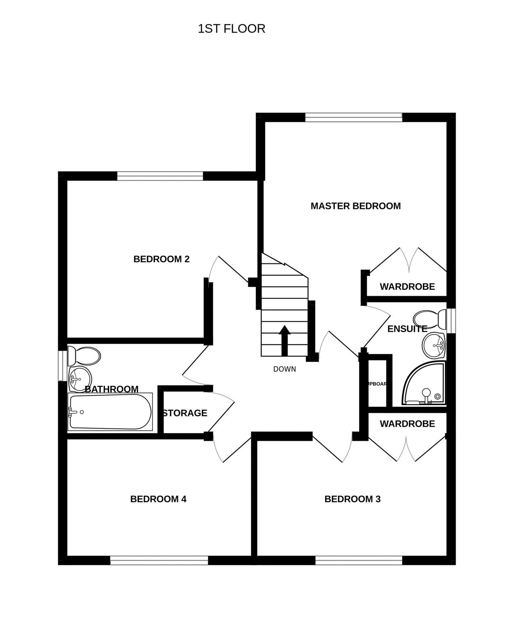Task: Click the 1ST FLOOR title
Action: (x=231, y=29)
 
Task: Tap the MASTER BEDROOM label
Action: (x=355, y=206)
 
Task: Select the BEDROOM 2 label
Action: (x=161, y=259)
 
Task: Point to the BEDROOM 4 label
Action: (x=158, y=499)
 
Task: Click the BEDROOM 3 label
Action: (x=352, y=499)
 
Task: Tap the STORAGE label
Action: (x=185, y=413)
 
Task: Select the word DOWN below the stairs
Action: (x=284, y=369)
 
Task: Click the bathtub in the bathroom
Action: (x=110, y=412)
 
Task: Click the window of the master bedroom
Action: (x=354, y=117)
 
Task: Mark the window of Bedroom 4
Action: (x=159, y=561)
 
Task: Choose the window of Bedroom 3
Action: (x=358, y=561)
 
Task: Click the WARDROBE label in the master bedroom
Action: (x=407, y=286)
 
